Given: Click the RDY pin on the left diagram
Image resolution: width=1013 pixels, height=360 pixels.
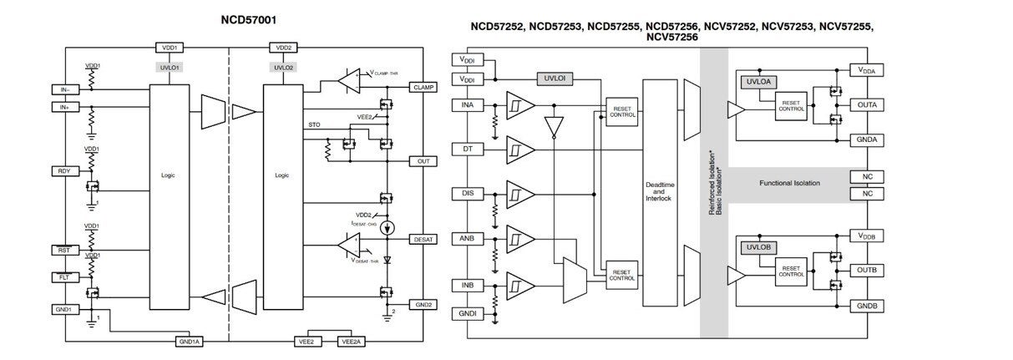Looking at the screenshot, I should click(x=63, y=170).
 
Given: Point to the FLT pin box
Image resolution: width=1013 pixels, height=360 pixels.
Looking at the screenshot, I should click(x=63, y=276).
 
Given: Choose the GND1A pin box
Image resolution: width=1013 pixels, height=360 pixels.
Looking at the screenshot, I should click(x=190, y=342).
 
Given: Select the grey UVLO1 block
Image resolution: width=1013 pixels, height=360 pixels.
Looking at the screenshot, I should click(x=170, y=67).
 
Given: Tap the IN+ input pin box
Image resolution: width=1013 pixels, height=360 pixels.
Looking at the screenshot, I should click(x=63, y=107).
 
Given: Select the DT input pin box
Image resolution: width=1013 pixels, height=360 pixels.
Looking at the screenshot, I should click(x=467, y=149).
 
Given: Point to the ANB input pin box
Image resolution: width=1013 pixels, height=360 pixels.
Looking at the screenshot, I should click(x=467, y=237).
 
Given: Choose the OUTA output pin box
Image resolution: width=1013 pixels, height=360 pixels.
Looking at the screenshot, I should click(x=866, y=106).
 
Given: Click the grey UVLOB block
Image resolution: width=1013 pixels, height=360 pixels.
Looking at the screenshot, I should click(x=757, y=247).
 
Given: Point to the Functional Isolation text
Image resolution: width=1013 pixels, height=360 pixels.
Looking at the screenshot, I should click(x=789, y=183).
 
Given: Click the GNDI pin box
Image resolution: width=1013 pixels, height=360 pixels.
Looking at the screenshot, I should click(x=467, y=314).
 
